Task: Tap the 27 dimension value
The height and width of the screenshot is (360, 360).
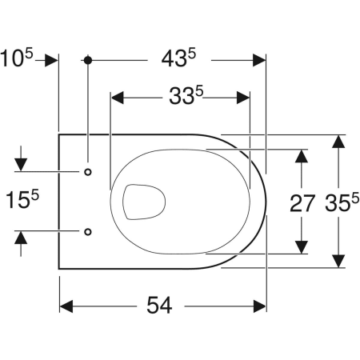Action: (x=302, y=204)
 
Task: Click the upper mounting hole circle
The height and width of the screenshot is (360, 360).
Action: (x=87, y=171)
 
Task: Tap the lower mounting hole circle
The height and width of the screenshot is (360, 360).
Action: (x=87, y=231)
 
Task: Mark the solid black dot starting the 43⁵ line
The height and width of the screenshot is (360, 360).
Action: (x=87, y=60)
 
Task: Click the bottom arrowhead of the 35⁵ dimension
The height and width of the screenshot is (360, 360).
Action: (x=339, y=261)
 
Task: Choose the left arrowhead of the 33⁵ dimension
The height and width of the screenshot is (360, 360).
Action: (x=117, y=98)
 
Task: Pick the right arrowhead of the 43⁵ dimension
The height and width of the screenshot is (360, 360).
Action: (x=259, y=60)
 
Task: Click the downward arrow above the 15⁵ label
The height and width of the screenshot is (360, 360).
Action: (x=21, y=165)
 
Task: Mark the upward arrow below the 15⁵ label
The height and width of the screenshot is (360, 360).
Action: (x=21, y=237)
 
